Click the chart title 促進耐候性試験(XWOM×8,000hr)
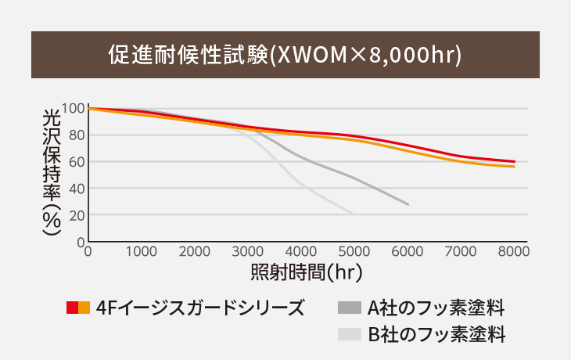point(285,55)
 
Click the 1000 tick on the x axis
point(142,251)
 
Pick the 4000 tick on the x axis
point(301,251)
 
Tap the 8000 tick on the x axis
point(514,251)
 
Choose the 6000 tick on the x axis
point(408,251)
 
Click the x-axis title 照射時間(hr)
point(307,272)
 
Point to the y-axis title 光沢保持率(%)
point(51,172)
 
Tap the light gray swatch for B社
point(350,334)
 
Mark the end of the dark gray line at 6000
point(408,204)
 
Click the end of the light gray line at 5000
point(354,214)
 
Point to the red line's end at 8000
point(514,161)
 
